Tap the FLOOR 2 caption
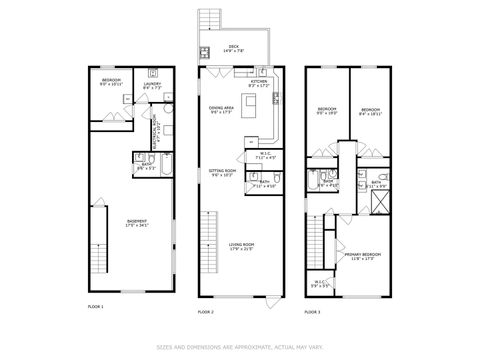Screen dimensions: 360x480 coord(205,311)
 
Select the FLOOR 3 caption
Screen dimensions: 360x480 coord(313,311)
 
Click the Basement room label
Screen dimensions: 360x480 coord(137,222)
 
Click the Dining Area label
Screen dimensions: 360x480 coord(222,110)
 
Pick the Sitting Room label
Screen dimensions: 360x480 coord(221,172)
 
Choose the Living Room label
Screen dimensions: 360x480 coord(240,246)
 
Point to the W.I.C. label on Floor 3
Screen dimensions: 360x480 coord(320,283)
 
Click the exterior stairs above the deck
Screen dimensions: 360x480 coord(209,21)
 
